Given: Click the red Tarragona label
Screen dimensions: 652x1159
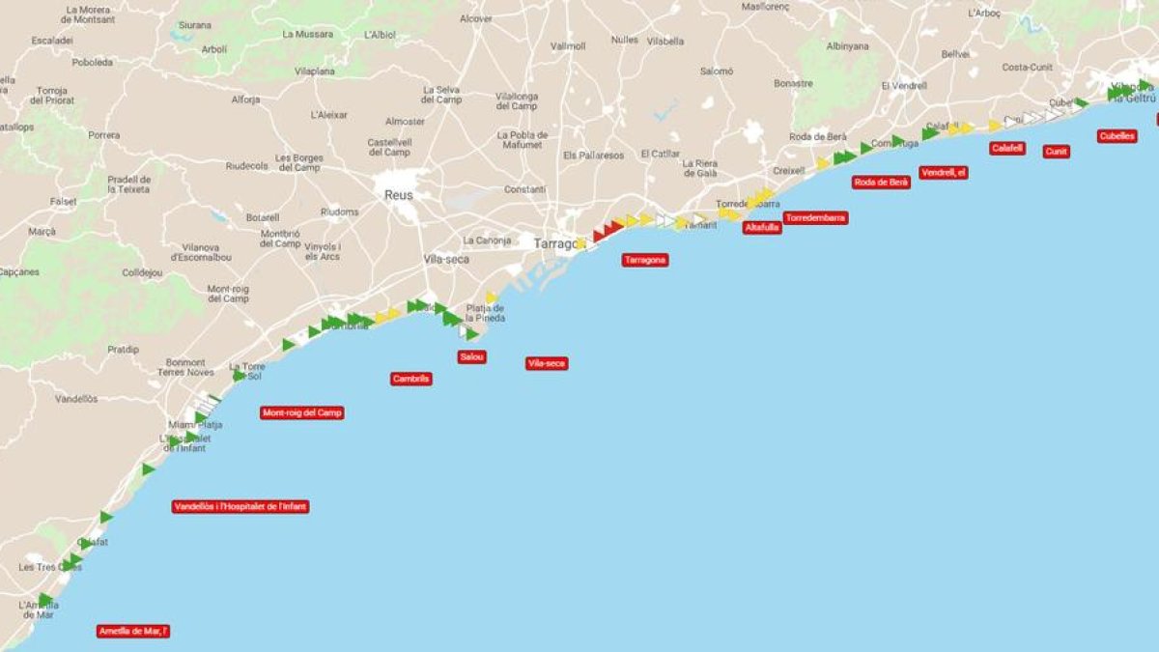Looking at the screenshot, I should (644, 260).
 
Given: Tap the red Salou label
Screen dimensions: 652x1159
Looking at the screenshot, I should (472, 356).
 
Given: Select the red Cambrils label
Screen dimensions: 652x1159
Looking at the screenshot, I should (411, 379).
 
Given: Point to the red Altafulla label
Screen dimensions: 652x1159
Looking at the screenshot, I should (762, 228).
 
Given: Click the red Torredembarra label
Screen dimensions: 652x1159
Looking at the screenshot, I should (816, 218).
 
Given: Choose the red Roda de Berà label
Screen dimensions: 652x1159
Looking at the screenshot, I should (881, 182).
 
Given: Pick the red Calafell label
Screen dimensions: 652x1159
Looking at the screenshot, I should (1007, 148).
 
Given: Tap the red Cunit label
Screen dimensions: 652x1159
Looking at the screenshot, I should (1056, 152).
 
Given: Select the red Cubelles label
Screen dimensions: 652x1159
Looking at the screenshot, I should (1117, 136).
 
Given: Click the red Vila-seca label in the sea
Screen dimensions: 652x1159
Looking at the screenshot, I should (547, 363).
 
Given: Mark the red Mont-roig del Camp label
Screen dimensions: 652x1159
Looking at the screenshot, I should (302, 412).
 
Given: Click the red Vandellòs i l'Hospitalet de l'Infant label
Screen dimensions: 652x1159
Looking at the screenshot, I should (240, 506).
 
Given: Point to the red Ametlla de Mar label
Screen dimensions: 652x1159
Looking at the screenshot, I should (134, 631).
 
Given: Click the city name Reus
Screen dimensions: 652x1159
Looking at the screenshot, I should (398, 195).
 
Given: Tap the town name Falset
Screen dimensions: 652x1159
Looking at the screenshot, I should (63, 201).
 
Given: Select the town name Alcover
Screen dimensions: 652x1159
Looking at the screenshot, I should (475, 18).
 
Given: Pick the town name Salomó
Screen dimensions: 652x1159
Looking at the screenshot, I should (716, 71).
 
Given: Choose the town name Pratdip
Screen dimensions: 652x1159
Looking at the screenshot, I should (123, 349).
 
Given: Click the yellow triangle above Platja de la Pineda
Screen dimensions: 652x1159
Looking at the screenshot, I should (492, 298).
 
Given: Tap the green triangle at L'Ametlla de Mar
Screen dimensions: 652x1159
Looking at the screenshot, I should (44, 600).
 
